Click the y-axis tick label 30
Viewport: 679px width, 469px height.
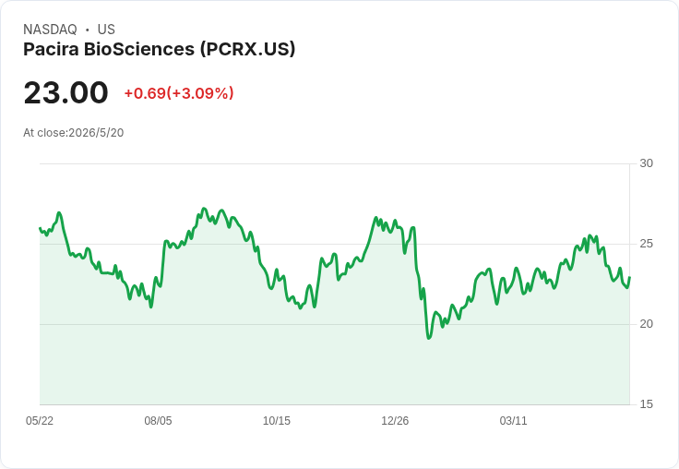pos(646,163)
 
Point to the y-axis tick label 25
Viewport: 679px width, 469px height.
pos(646,244)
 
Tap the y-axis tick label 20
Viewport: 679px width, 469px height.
pos(646,324)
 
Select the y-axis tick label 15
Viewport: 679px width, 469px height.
pos(646,404)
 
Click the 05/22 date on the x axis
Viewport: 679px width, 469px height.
pos(40,420)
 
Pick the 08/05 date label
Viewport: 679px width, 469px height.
pos(158,420)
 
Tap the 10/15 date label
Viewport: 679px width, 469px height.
pos(276,420)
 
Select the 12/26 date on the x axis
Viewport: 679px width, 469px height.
pos(395,420)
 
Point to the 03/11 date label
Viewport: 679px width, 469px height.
pos(513,420)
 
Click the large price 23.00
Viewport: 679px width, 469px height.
pos(66,92)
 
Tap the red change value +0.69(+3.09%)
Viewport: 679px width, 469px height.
pos(179,93)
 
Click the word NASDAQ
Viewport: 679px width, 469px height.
pos(50,30)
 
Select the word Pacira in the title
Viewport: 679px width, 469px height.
pos(51,49)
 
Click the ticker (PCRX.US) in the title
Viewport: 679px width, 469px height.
pos(247,49)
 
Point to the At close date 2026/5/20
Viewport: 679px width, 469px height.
pos(96,133)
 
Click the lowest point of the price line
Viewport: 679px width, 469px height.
pos(429,338)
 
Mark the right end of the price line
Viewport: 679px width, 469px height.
pos(629,277)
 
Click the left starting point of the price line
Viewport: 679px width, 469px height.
pos(40,228)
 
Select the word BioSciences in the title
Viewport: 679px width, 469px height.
pos(139,49)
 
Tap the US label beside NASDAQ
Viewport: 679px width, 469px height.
pos(106,30)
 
